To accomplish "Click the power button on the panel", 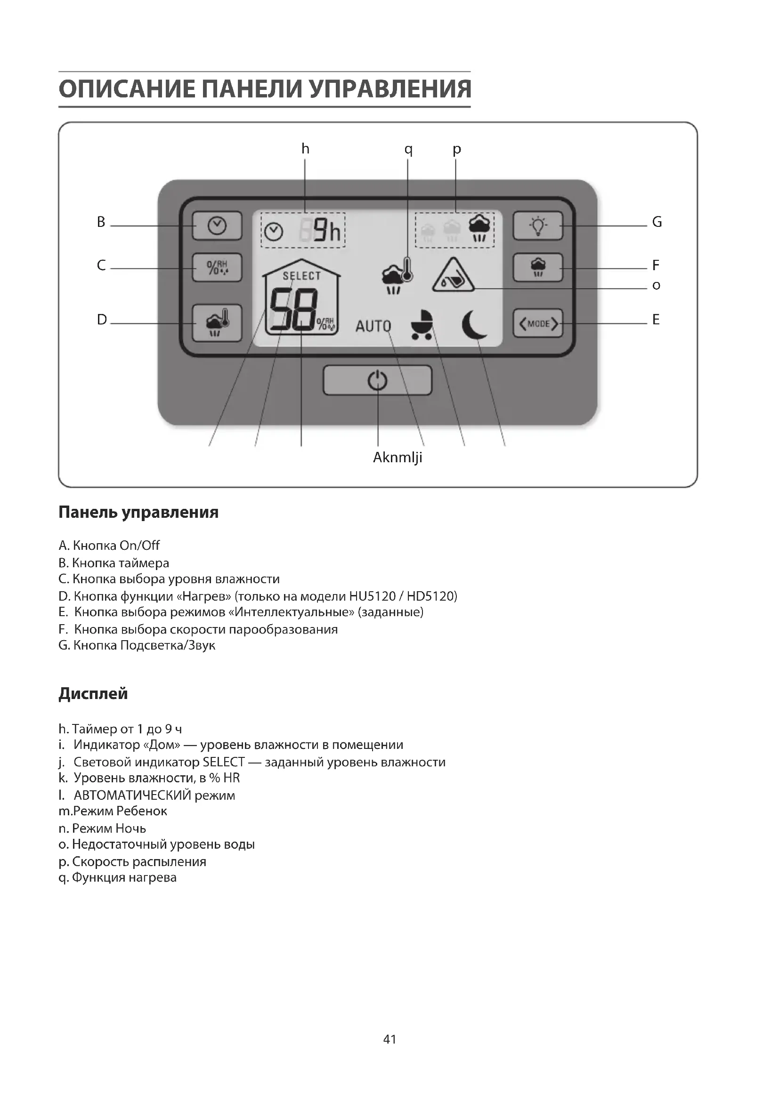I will point(377,381).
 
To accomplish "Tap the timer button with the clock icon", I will point(217,226).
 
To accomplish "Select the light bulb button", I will point(538,226).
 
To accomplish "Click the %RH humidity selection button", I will point(217,267).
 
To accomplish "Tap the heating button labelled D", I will point(217,323).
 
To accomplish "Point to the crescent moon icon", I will point(474,325).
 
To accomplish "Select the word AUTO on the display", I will point(373,326).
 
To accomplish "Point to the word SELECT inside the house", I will point(301,276).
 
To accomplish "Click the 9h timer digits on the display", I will point(327,231).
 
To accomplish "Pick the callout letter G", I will point(657,222).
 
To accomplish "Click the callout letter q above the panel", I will point(408,149).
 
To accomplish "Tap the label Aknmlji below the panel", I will point(398,458).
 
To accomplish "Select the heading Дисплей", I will point(93,693).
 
